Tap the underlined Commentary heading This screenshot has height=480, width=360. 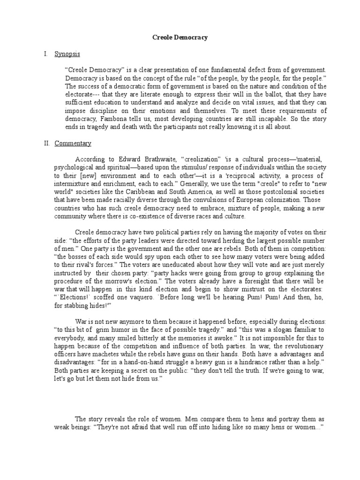[73, 143]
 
